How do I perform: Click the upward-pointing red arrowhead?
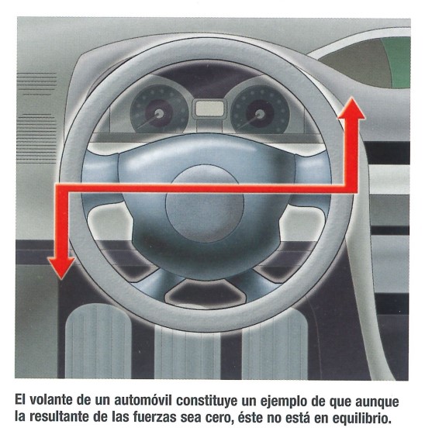click(x=351, y=109)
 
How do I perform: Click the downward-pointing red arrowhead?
click(x=61, y=267)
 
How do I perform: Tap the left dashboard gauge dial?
click(x=159, y=109)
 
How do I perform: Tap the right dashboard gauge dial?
click(x=260, y=110)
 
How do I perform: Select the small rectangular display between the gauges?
click(x=209, y=108)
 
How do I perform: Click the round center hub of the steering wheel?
click(x=205, y=203)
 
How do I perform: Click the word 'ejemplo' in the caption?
click(x=285, y=402)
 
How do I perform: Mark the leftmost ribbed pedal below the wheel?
click(x=98, y=341)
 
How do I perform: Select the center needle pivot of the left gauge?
click(x=160, y=113)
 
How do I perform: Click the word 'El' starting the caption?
click(x=20, y=400)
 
